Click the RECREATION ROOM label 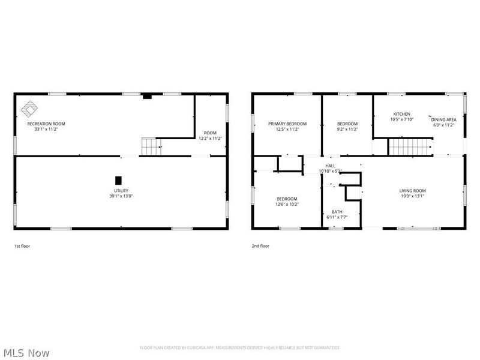coord(46,124)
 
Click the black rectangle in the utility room coord(118,180)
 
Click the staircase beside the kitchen coord(410,146)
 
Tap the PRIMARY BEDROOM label coord(287,124)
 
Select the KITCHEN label coord(401,114)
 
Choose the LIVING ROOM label coord(412,191)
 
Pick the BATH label coord(337,212)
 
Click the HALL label coord(331,166)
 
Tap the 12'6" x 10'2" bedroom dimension coord(287,204)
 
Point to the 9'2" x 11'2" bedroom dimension coord(347,129)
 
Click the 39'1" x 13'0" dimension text coord(121,196)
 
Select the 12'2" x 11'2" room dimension coord(210,138)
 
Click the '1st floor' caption coord(22,245)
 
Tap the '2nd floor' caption coord(261,245)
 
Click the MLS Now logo coord(26,353)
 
